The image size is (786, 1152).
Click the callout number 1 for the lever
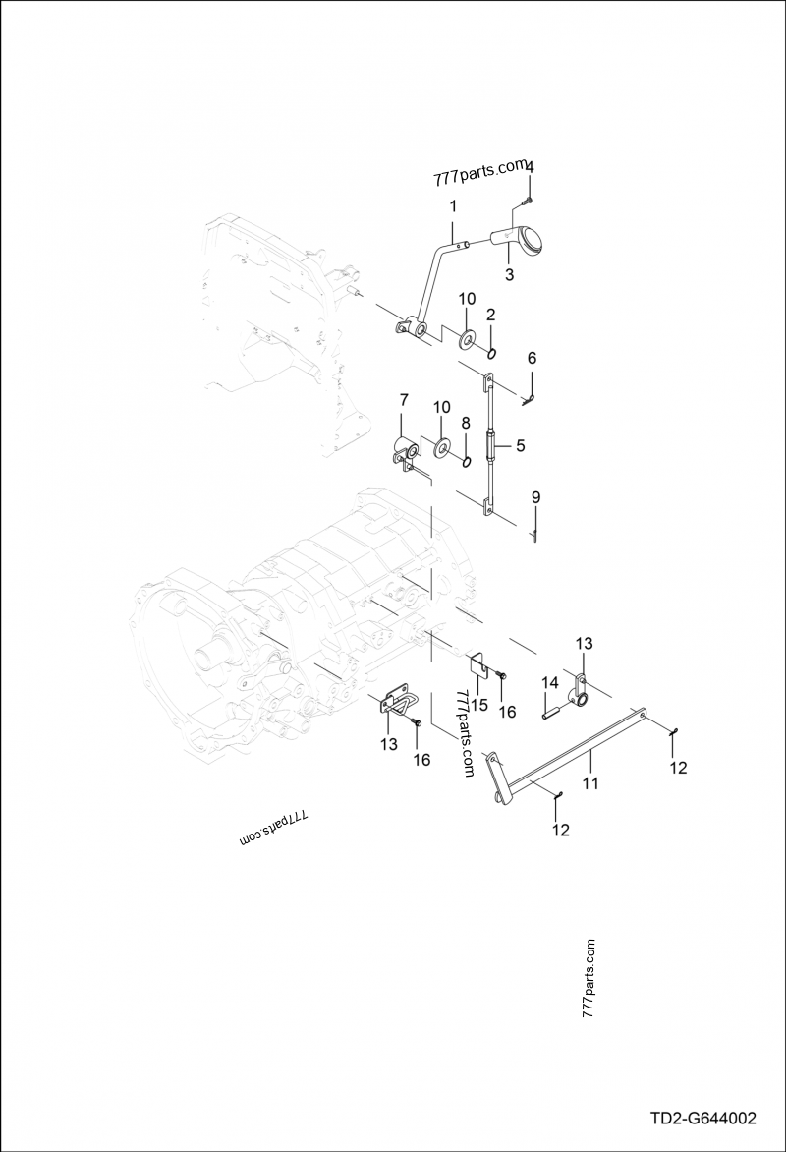[453, 206]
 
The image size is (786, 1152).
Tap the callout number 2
[490, 315]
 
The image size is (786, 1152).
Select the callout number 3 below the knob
[509, 275]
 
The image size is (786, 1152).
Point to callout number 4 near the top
[530, 168]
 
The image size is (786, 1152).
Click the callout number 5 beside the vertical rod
[520, 445]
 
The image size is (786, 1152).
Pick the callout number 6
[532, 357]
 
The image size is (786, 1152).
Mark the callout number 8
[465, 422]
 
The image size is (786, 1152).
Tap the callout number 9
[535, 497]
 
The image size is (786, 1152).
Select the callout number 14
[549, 682]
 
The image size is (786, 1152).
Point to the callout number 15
[478, 704]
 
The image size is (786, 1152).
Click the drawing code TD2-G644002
[702, 1119]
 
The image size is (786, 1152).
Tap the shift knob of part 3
[533, 241]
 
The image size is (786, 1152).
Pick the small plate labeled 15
[478, 665]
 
